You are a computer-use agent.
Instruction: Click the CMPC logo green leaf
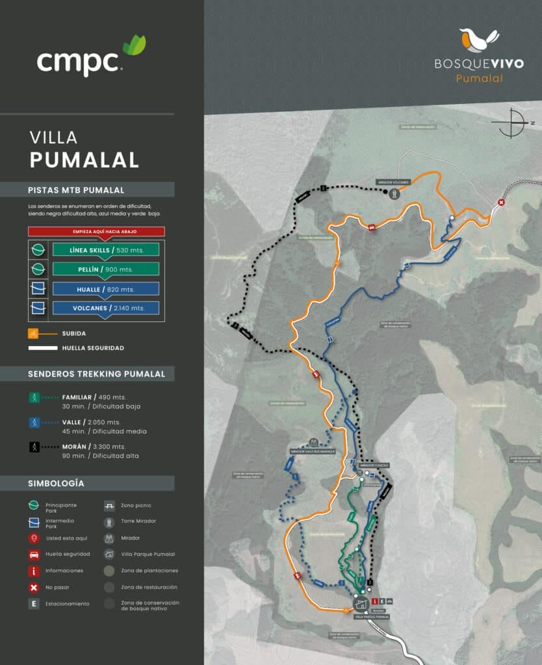(135, 45)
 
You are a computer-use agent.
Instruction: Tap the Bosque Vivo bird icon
(479, 40)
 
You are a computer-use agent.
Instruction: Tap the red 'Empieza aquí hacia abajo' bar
(96, 231)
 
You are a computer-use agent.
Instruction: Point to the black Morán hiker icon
(34, 447)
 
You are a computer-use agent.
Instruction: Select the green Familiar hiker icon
(34, 397)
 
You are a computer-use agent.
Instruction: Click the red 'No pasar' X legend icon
(34, 588)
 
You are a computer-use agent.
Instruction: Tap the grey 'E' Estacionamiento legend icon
(34, 604)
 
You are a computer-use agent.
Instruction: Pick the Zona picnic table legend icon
(109, 505)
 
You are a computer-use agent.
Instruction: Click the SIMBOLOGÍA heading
(56, 484)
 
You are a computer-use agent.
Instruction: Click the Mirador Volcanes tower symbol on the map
(393, 194)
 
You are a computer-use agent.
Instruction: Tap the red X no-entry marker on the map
(501, 203)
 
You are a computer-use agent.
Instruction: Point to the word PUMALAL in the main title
(84, 160)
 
